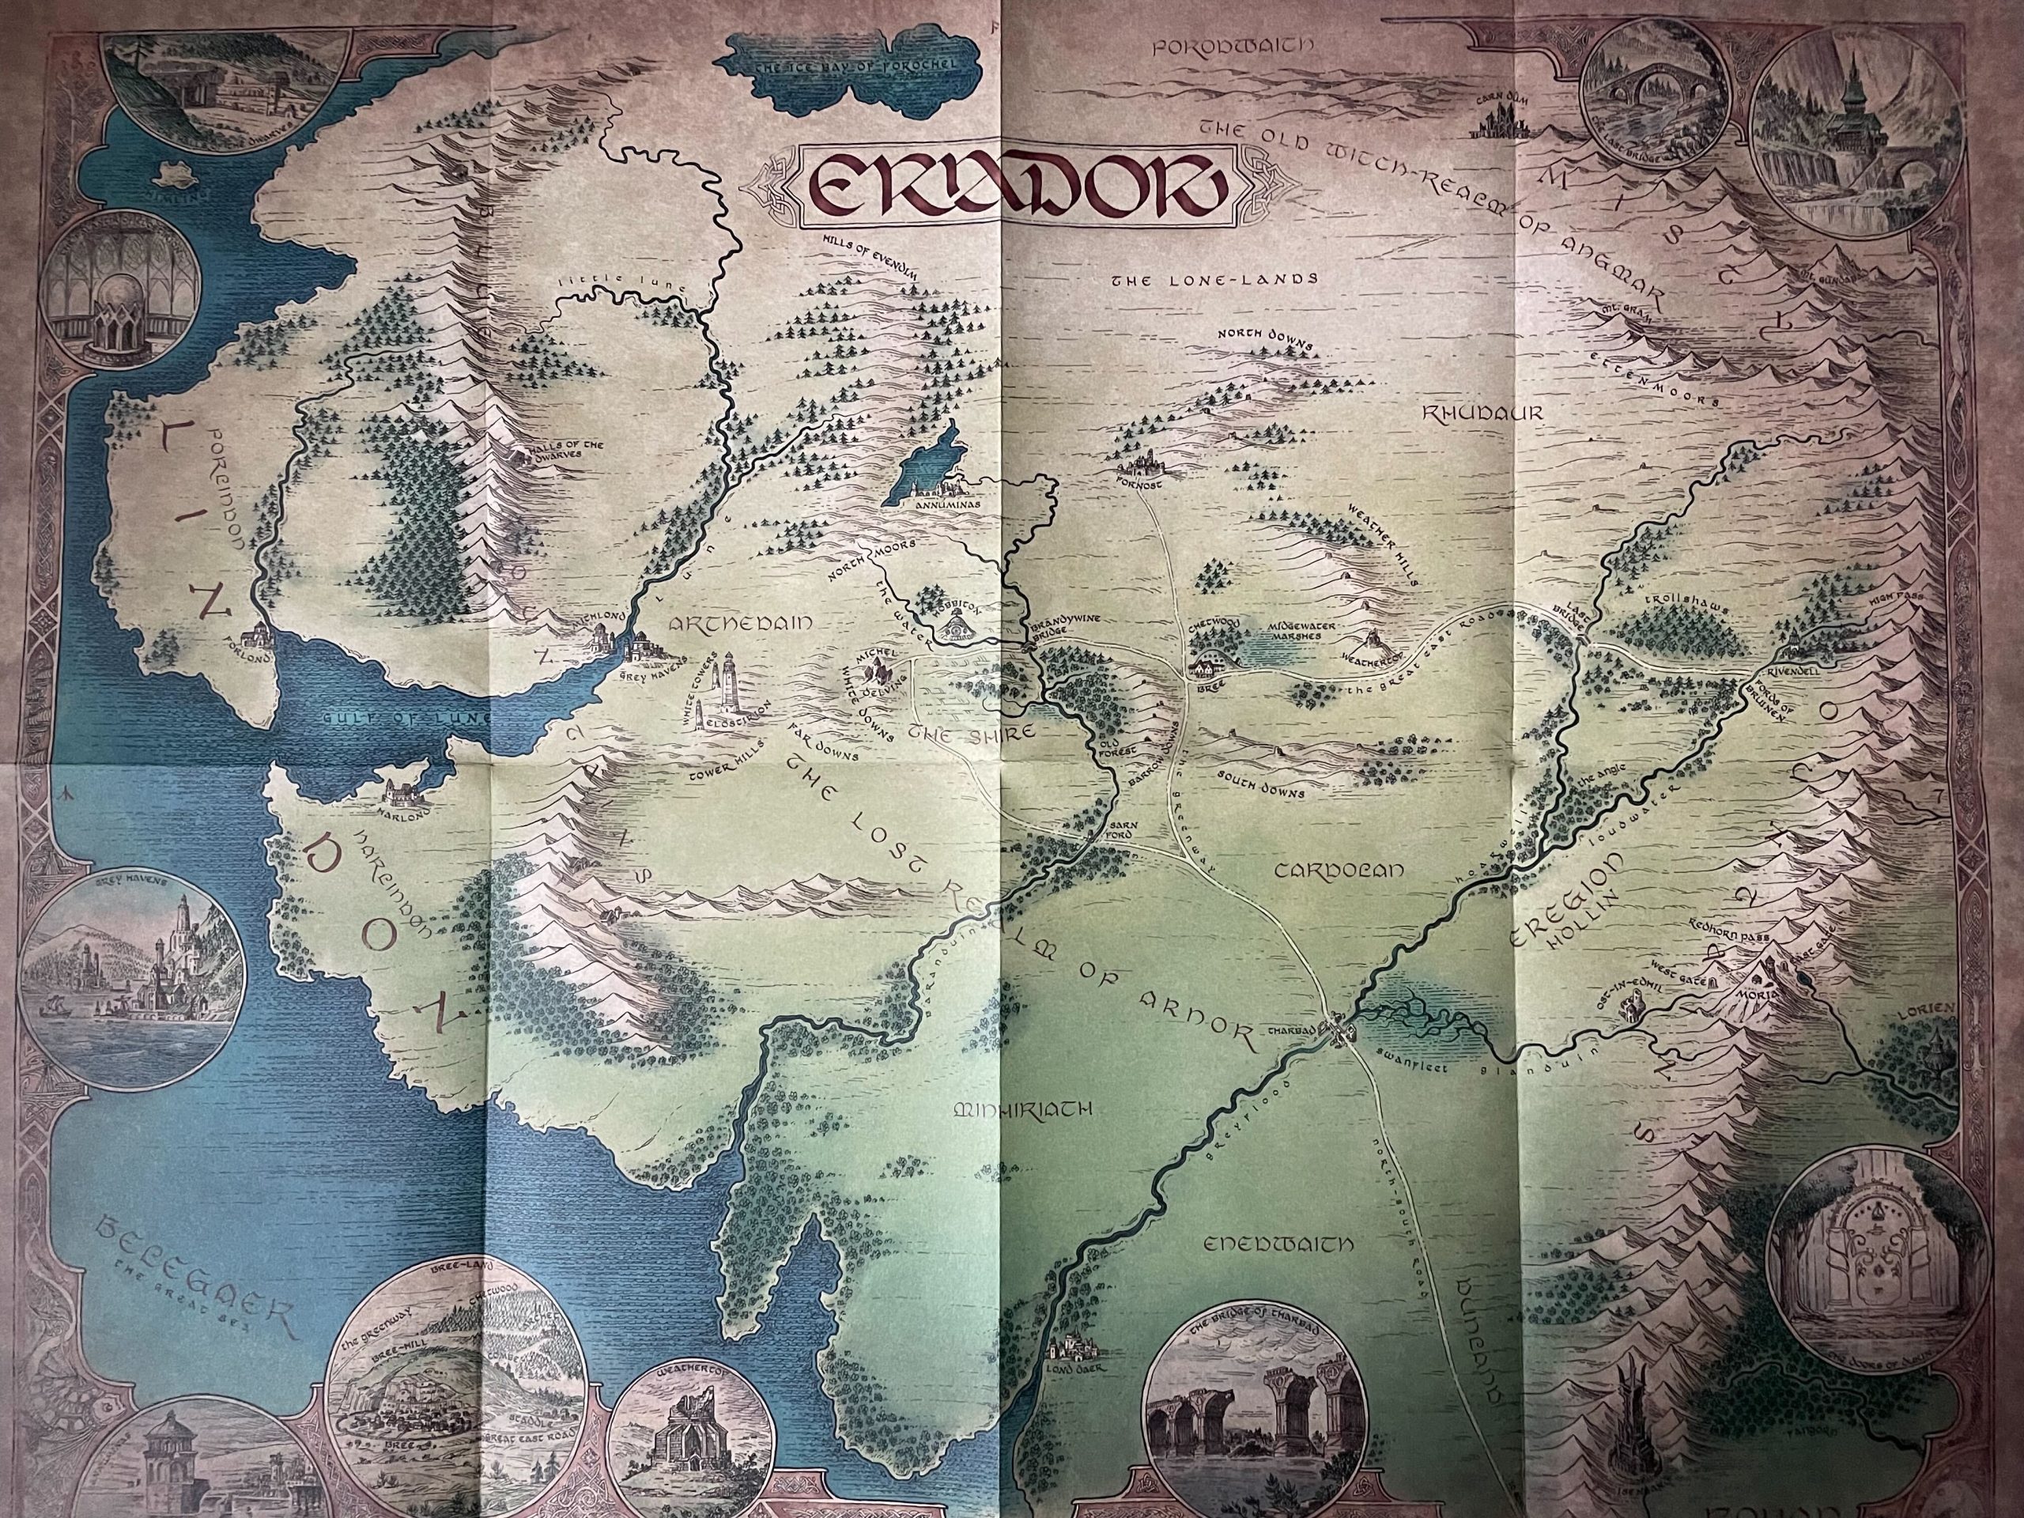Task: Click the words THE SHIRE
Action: coord(972,733)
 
